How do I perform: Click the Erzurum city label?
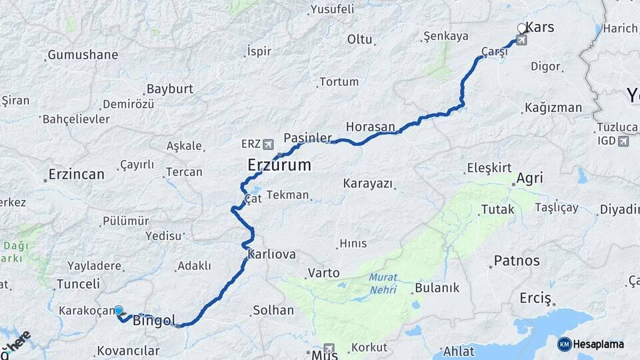[x=279, y=165]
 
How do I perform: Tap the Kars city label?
[x=540, y=27]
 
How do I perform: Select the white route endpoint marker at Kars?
[x=522, y=29]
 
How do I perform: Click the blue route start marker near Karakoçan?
[x=119, y=311]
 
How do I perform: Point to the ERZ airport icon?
[x=268, y=144]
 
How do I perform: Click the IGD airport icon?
[x=623, y=141]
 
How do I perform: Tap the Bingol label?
[x=154, y=321]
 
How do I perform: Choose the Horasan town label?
[x=370, y=127]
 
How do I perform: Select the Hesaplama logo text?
[x=598, y=344]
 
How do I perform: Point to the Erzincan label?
[x=76, y=175]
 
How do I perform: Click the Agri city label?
[x=529, y=179]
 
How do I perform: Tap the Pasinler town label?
[x=307, y=137]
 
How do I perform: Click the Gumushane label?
[x=83, y=55]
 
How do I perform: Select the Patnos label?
[x=517, y=260]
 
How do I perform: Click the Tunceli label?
[x=78, y=284]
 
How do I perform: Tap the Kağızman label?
[x=553, y=107]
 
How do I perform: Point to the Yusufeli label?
[x=331, y=9]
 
